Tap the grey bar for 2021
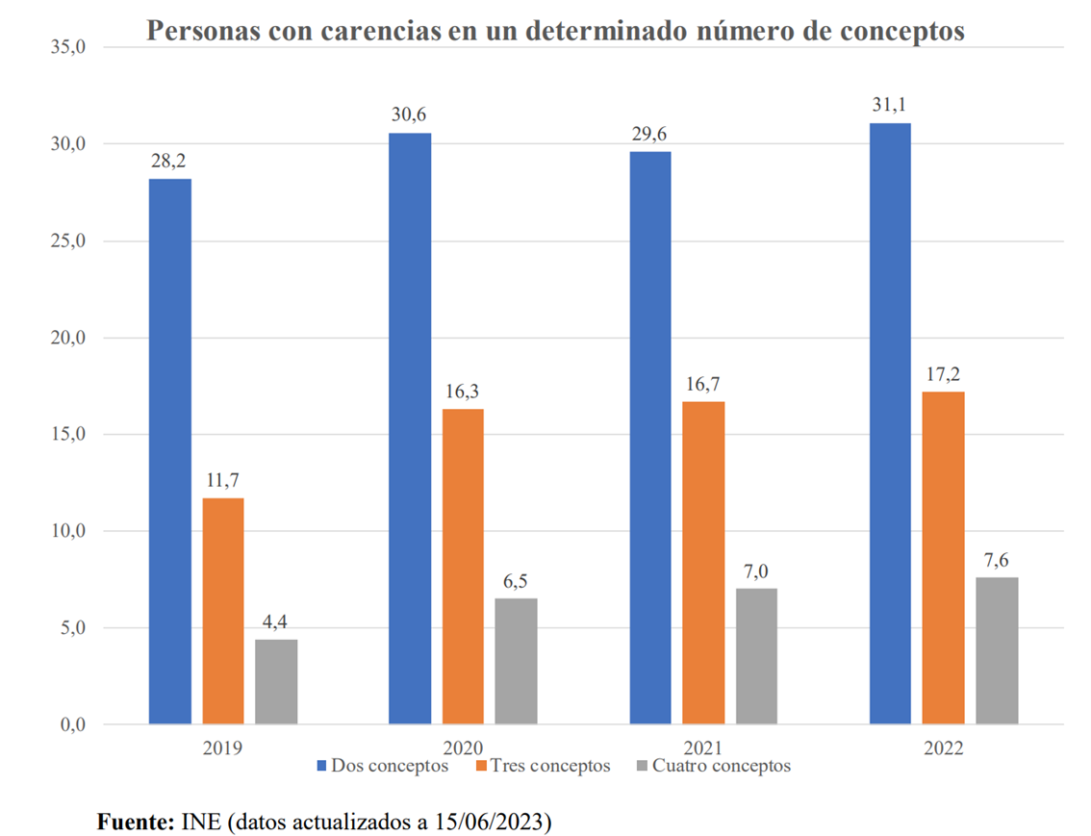coord(756,655)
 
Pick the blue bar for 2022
coord(890,423)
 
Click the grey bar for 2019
coord(276,681)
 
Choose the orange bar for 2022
coord(943,557)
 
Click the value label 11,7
coord(223,479)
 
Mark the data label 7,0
coord(756,570)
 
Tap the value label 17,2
coord(943,373)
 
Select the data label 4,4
coord(276,621)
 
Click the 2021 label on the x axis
coord(704,747)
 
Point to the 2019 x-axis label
coord(223,747)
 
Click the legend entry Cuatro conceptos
coord(721,766)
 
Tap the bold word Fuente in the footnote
coord(135,823)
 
